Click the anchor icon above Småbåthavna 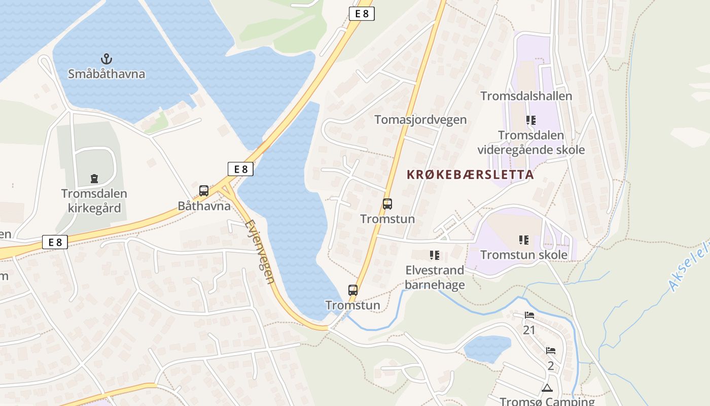tap(106, 58)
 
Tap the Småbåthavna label tap(106, 74)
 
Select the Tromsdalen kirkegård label tap(94, 201)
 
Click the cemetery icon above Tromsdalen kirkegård tap(94, 179)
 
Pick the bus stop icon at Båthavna tap(204, 191)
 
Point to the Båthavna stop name tap(204, 206)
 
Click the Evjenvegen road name tap(260, 251)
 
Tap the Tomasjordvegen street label tap(420, 120)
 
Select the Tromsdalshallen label tap(526, 96)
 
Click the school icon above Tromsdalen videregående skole tap(531, 120)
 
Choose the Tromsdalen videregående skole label tap(531, 143)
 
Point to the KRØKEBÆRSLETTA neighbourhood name tap(470, 175)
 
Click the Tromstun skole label tap(524, 255)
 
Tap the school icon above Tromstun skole tap(524, 240)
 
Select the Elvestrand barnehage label tap(435, 277)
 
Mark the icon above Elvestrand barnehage tap(435, 255)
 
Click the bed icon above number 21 tap(529, 315)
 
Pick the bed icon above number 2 tap(551, 351)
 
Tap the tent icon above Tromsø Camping tap(547, 388)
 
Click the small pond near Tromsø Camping tap(487, 349)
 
